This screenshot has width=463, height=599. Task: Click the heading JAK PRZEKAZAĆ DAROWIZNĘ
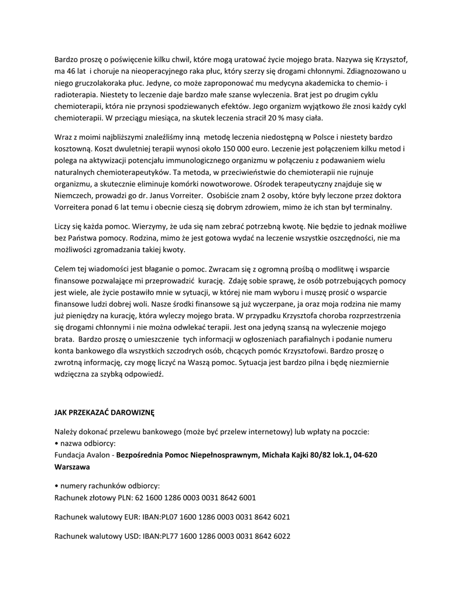coord(104,412)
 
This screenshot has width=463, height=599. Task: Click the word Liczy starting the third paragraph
coord(64,226)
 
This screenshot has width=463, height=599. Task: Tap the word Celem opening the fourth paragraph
coord(66,268)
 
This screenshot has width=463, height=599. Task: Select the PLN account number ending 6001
coord(195,497)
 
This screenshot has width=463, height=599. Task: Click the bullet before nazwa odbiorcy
coord(56,443)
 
